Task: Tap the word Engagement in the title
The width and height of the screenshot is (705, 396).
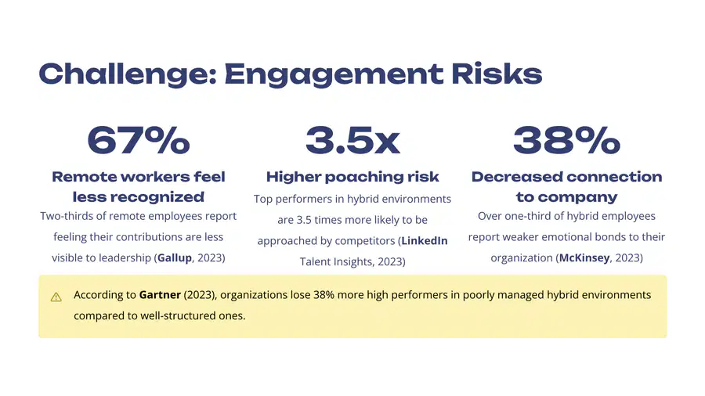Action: tap(334, 75)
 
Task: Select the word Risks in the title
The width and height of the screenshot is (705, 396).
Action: tap(497, 74)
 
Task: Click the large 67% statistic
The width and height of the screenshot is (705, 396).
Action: tap(139, 140)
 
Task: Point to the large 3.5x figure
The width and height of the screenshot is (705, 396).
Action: tap(352, 140)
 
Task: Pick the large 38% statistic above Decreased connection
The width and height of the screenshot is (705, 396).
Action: tap(566, 140)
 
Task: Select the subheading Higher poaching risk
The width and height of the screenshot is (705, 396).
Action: tap(352, 177)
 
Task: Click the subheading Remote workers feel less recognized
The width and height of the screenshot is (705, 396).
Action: tap(139, 187)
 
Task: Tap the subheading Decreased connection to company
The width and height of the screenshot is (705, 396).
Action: tap(566, 187)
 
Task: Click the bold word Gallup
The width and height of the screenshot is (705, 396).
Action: tap(175, 258)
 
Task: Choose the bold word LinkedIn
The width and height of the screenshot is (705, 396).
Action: tap(425, 241)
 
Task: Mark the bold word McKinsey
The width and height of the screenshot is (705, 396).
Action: tap(584, 258)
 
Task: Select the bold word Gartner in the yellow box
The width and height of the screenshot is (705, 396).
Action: tap(160, 295)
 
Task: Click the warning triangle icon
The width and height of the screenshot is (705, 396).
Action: tap(56, 297)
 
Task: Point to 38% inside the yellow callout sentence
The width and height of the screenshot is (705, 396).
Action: tap(324, 295)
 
